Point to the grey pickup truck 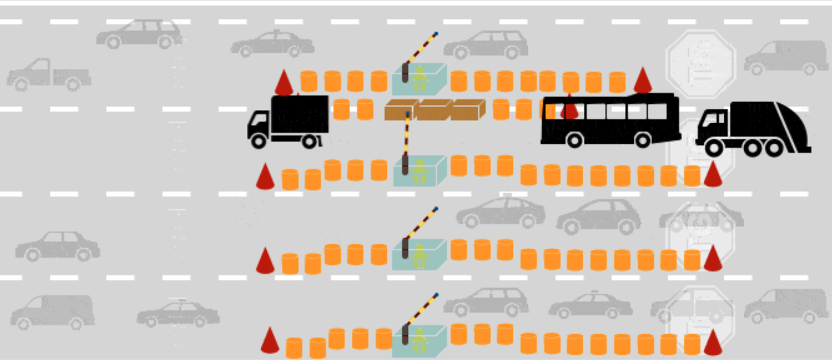pos(49,75)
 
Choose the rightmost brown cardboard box pos(468,109)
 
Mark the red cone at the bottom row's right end pos(713,342)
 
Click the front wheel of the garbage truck pos(714,148)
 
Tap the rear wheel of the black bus pos(642,139)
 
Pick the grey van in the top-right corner pos(786,57)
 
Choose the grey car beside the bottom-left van pos(178,314)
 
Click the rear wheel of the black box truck pos(309,140)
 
